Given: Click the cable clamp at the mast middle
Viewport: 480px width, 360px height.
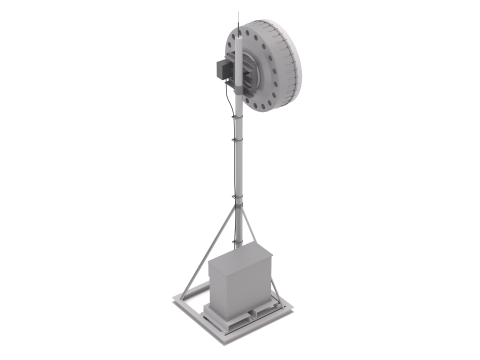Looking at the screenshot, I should pos(236,146).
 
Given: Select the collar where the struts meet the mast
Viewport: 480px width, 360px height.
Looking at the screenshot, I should pos(236,205).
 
